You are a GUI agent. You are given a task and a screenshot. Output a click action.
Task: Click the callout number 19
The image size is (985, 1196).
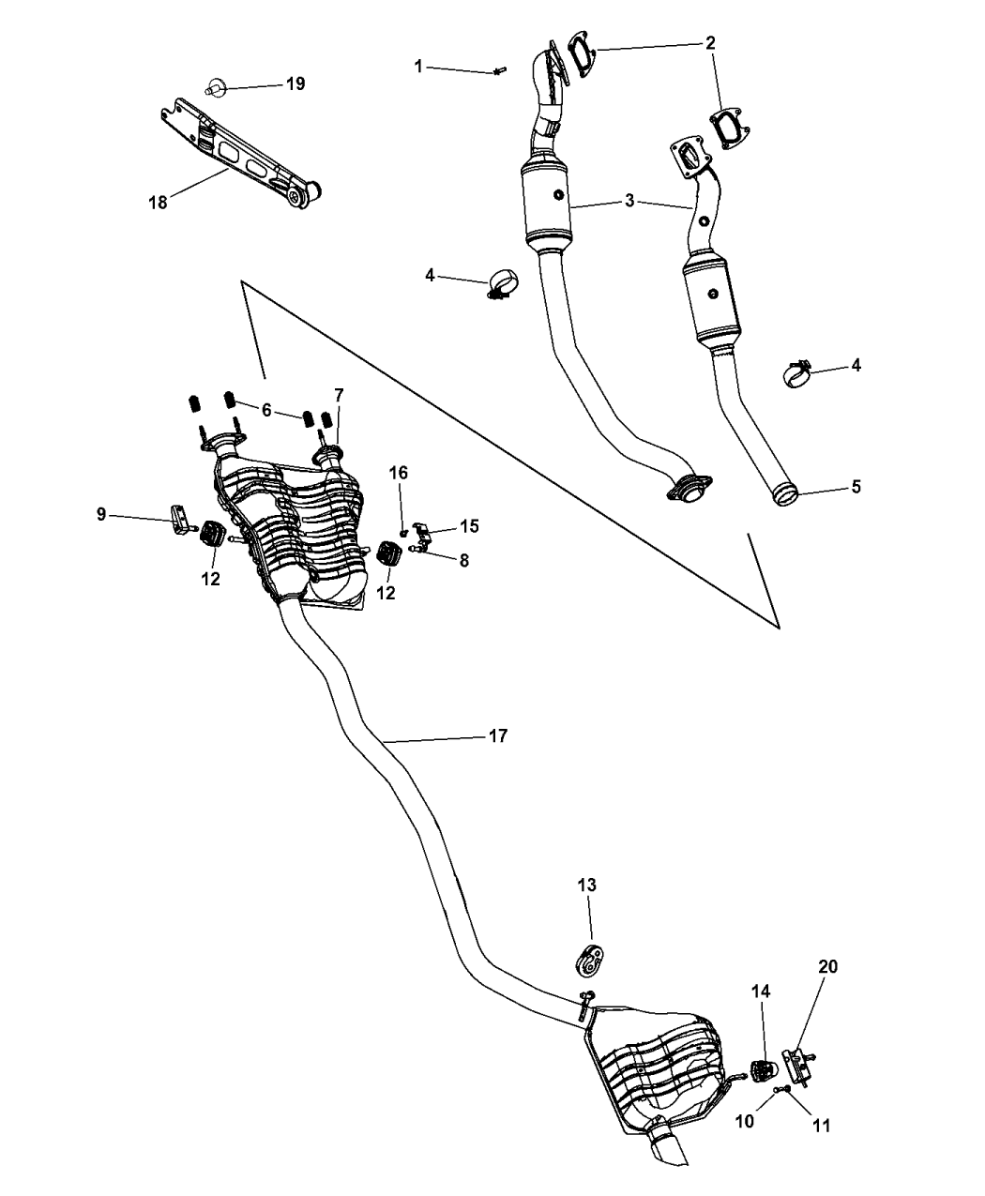tap(295, 84)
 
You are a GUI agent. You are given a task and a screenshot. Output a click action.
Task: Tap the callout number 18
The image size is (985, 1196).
tap(158, 202)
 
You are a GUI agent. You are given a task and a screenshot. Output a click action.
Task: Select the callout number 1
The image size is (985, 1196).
tap(418, 66)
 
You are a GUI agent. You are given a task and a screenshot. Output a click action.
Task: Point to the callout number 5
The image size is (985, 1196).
tap(856, 487)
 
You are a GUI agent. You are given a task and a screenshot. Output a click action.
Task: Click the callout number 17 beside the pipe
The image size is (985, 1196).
tap(497, 736)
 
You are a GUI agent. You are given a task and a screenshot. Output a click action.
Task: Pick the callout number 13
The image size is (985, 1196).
tap(586, 885)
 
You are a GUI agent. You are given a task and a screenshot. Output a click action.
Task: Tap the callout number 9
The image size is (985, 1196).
tap(101, 513)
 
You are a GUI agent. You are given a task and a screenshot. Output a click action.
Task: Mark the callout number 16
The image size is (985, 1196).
tap(399, 473)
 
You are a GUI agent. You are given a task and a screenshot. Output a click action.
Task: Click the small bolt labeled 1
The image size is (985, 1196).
tap(499, 70)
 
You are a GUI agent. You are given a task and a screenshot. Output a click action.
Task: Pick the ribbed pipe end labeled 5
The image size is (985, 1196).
tap(786, 493)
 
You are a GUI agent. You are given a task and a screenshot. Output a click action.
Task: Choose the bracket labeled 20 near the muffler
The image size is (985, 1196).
tap(798, 1066)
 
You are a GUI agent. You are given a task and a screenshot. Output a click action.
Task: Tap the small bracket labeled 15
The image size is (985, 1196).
tap(423, 535)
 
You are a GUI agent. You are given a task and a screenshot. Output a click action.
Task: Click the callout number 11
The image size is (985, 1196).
tap(821, 1126)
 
